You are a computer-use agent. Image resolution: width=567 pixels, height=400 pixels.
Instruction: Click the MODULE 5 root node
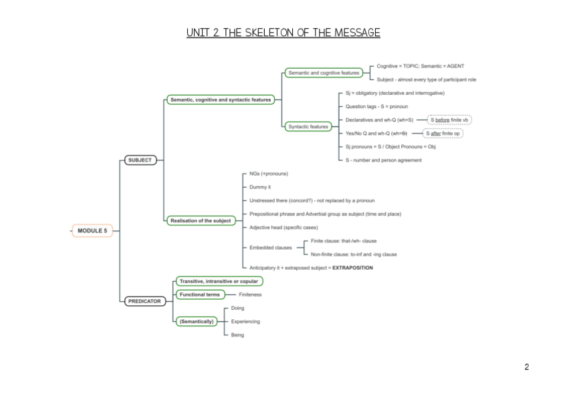pyautogui.click(x=92, y=230)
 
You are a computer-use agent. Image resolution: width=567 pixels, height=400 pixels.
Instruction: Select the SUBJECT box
pyautogui.click(x=140, y=160)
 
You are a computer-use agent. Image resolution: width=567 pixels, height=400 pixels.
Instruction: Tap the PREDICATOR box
pyautogui.click(x=144, y=301)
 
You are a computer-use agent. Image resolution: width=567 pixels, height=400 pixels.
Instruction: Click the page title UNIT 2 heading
pyautogui.click(x=283, y=33)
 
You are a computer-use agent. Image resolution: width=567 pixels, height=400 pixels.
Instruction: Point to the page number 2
pyautogui.click(x=527, y=367)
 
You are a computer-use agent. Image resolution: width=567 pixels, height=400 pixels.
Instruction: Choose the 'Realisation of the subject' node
pyautogui.click(x=201, y=220)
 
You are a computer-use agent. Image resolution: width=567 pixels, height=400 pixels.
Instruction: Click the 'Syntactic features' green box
pyautogui.click(x=308, y=126)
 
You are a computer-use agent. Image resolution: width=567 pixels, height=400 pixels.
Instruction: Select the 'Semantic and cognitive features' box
pyautogui.click(x=324, y=73)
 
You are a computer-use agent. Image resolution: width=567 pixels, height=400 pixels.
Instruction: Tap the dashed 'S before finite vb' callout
pyautogui.click(x=449, y=120)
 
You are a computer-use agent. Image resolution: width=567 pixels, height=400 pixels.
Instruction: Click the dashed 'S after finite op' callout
pyautogui.click(x=443, y=134)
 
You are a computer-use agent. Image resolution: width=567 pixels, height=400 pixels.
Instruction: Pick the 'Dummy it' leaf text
pyautogui.click(x=260, y=187)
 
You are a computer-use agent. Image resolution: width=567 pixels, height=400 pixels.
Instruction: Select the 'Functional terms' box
pyautogui.click(x=199, y=294)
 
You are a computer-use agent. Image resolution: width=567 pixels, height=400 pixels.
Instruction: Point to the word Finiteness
pyautogui.click(x=250, y=294)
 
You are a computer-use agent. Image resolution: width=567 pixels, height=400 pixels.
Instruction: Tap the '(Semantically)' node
pyautogui.click(x=197, y=321)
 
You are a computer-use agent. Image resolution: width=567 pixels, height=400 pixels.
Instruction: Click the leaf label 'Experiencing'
pyautogui.click(x=245, y=321)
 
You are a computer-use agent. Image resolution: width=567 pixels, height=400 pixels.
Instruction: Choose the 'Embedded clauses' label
pyautogui.click(x=270, y=247)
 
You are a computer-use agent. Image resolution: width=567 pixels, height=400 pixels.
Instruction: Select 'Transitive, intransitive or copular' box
pyautogui.click(x=219, y=281)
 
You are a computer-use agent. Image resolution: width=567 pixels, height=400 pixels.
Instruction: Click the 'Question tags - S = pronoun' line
pyautogui.click(x=376, y=107)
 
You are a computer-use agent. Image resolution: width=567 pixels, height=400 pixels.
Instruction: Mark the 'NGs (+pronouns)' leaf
pyautogui.click(x=269, y=174)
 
